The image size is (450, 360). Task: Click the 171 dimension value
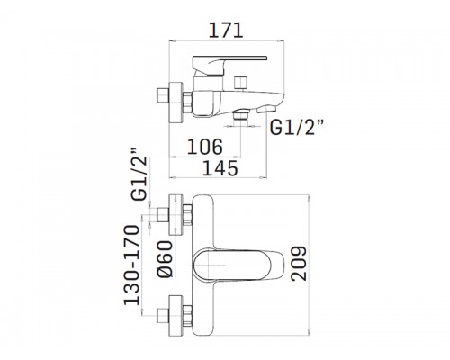[x=226, y=31]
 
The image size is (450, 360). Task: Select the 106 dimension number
[x=205, y=147]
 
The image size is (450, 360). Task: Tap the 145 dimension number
[x=220, y=168]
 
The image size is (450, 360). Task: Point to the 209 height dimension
[x=299, y=264]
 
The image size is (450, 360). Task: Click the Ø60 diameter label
[x=165, y=259]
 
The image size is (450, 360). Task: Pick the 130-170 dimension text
[x=131, y=265]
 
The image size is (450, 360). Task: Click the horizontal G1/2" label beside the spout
[x=296, y=127]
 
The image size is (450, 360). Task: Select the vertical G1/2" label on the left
[x=139, y=175]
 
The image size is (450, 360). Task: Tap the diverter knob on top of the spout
[x=241, y=84]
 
